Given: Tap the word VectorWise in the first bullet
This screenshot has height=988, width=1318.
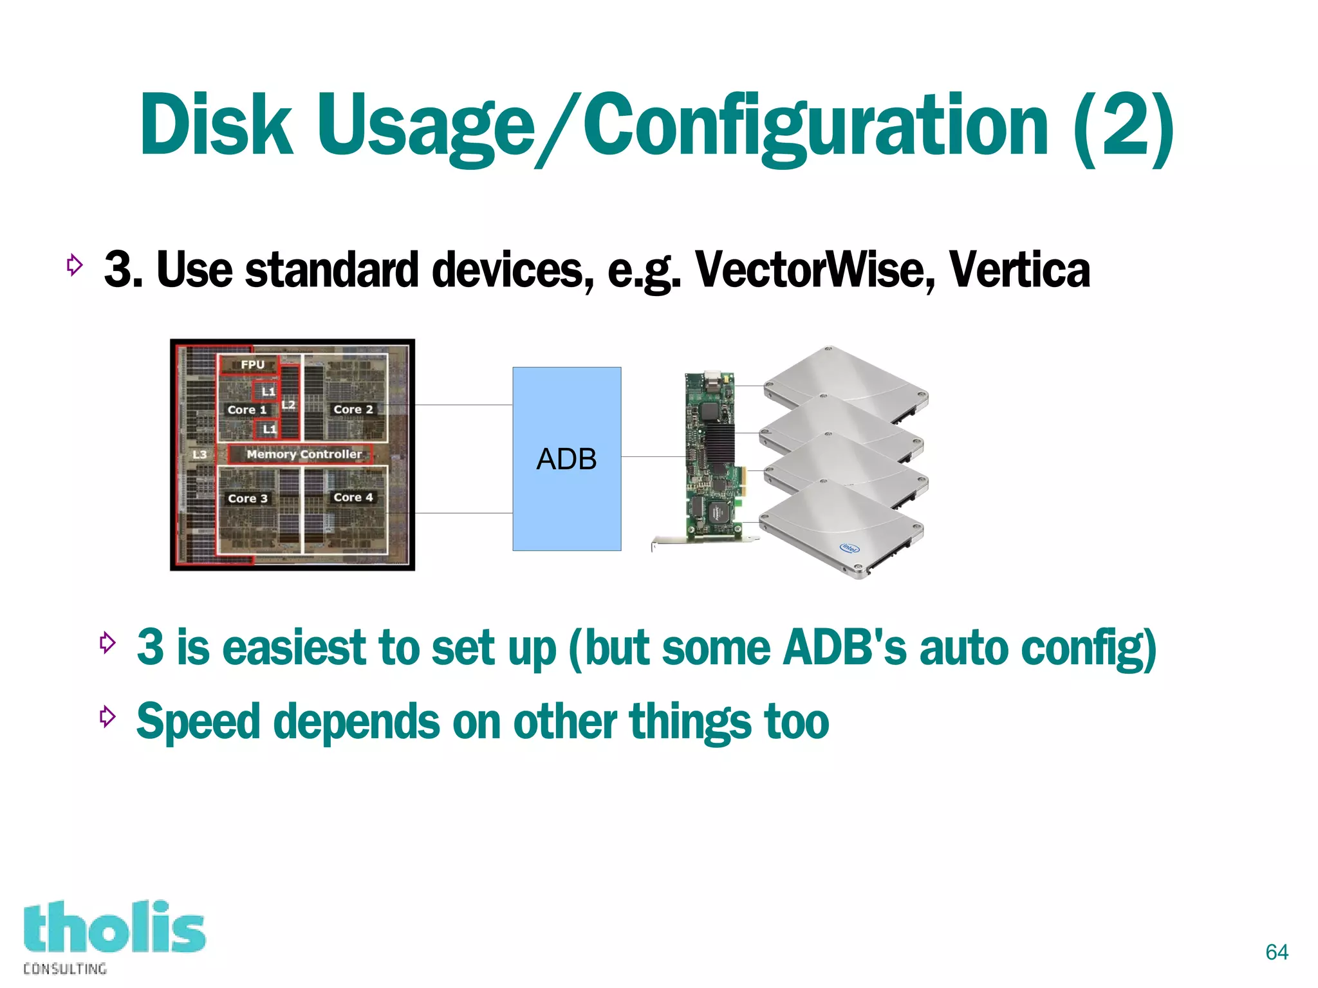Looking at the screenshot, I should click(814, 269).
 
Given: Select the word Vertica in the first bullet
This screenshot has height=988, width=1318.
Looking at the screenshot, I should click(1019, 269).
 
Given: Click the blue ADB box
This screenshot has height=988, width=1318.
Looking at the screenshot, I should click(566, 458).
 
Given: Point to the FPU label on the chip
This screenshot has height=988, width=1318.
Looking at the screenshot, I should click(252, 364).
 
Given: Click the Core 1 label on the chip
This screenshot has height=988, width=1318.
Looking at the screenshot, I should click(246, 410).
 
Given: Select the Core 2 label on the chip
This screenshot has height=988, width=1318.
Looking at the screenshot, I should click(353, 409).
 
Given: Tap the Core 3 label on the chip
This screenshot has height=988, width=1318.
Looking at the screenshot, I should click(247, 498).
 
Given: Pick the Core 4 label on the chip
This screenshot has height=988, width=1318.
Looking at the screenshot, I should click(353, 497).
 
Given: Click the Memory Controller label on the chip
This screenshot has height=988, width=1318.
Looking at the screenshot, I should click(304, 454).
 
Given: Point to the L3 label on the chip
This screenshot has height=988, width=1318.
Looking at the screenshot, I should click(200, 454).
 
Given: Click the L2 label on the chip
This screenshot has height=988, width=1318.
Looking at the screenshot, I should click(288, 404).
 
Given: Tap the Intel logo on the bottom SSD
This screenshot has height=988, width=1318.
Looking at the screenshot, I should click(849, 548).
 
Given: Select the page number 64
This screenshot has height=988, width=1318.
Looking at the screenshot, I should click(1276, 952).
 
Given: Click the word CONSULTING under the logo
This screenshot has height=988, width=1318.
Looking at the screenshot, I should click(65, 969).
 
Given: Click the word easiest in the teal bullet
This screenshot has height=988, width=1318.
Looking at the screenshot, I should click(293, 648).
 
